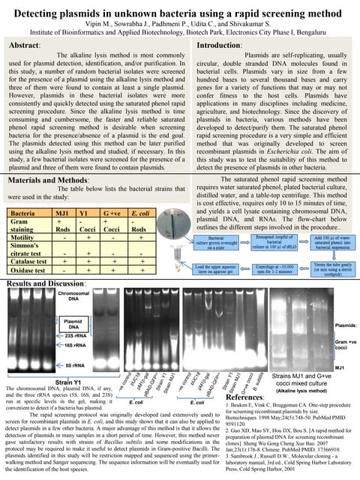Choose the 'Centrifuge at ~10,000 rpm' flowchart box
(x=271, y=267)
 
